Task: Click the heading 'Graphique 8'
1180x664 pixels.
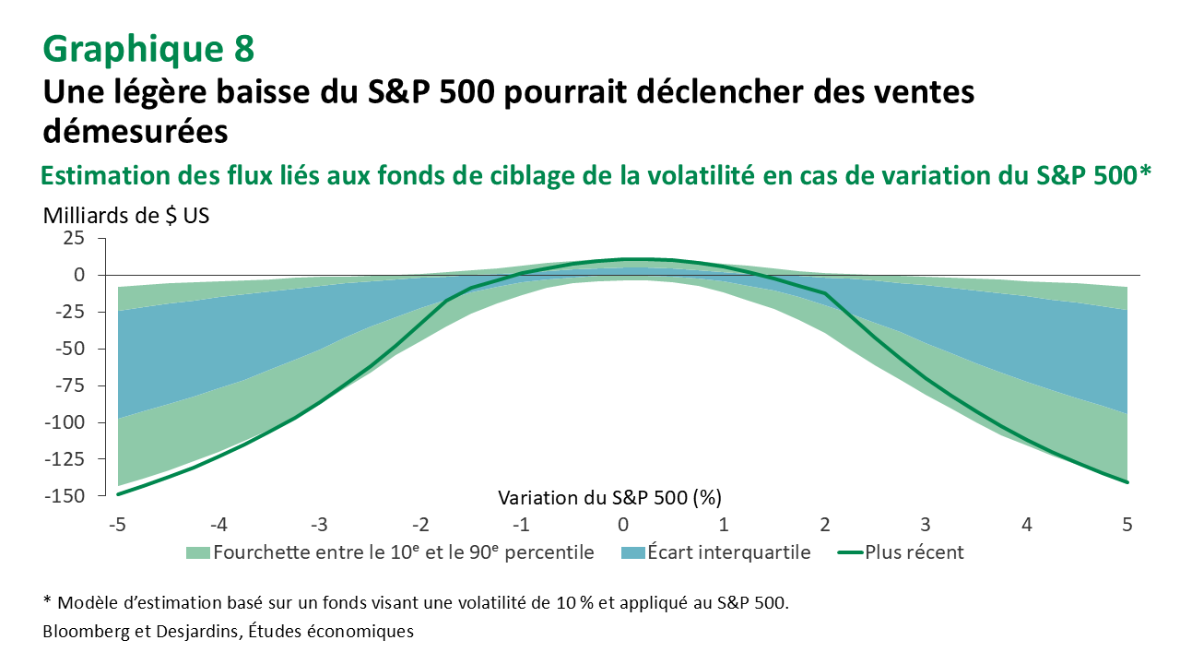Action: click(x=147, y=48)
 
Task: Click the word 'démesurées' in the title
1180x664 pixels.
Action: click(x=136, y=131)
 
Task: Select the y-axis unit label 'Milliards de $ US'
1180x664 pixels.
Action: click(x=126, y=217)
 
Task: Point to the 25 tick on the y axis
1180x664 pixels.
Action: click(x=74, y=238)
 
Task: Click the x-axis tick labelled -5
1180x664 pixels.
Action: click(x=116, y=525)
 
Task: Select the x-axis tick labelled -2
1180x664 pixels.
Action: click(x=419, y=525)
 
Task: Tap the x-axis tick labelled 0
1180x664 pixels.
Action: click(x=623, y=525)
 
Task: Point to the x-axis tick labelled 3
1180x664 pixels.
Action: click(x=926, y=525)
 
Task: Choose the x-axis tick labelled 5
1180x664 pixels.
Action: click(x=1127, y=525)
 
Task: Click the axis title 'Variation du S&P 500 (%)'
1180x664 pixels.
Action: click(x=609, y=498)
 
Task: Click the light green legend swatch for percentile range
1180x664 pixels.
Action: click(x=197, y=553)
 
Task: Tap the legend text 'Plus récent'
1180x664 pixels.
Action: click(x=914, y=553)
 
